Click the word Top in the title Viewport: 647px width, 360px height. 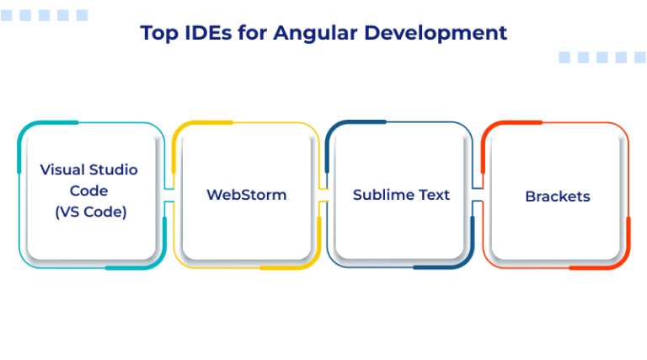pyautogui.click(x=157, y=33)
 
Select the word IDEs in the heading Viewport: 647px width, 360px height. pyautogui.click(x=206, y=33)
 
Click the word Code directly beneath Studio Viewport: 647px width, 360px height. pyautogui.click(x=88, y=191)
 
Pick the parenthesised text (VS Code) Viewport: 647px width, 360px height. pyautogui.click(x=90, y=212)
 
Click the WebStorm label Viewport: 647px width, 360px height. pyautogui.click(x=246, y=195)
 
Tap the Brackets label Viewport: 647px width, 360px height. pyautogui.click(x=557, y=196)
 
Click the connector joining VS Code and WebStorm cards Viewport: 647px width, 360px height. pyautogui.click(x=168, y=196)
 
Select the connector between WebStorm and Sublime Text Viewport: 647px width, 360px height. pyautogui.click(x=323, y=196)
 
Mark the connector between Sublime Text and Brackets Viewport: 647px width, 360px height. pyautogui.click(x=477, y=196)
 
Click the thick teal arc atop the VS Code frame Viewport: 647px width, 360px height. pyautogui.click(x=42, y=125)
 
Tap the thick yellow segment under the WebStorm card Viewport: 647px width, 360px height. pyautogui.click(x=291, y=266)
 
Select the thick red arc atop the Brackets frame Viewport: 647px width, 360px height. pyautogui.click(x=514, y=124)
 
